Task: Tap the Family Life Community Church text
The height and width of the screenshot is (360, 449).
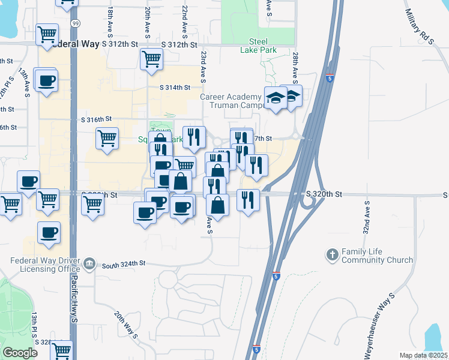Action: point(377,256)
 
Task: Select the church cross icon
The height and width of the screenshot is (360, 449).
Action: point(332,255)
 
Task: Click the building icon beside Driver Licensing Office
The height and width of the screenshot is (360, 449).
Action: point(89,263)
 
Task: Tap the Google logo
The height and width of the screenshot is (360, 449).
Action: point(20,353)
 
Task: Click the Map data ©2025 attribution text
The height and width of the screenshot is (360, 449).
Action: point(424,355)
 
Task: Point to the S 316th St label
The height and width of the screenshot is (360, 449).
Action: point(97,119)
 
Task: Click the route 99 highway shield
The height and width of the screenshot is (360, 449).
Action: point(74,23)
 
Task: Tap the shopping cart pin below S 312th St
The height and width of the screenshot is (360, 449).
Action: point(152,59)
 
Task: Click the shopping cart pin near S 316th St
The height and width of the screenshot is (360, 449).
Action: point(107,139)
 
